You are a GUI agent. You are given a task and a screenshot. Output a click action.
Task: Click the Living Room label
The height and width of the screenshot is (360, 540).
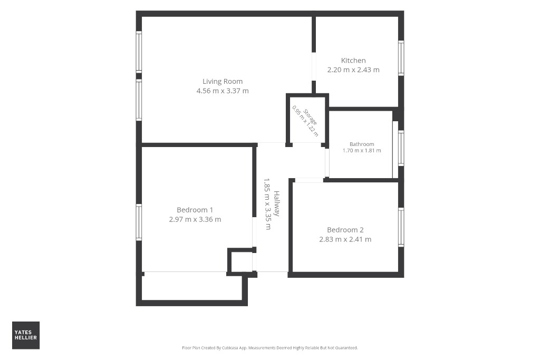coord(223,82)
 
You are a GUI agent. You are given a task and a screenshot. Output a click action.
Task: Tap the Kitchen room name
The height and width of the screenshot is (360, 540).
coord(353,61)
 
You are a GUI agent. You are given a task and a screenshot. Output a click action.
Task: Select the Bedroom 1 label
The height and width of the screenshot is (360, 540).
coord(195,210)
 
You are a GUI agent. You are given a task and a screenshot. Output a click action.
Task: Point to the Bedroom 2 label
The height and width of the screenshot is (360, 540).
coord(345,230)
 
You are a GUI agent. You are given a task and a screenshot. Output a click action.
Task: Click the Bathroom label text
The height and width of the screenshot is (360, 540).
coord(362,144)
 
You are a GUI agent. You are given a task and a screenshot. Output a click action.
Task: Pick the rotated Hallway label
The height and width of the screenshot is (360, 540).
coord(276,203)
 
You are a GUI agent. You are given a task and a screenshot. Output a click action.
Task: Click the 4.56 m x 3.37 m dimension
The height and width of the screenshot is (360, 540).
coord(223,91)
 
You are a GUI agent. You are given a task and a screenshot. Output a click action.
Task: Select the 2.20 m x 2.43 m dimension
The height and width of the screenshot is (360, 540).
coord(353,70)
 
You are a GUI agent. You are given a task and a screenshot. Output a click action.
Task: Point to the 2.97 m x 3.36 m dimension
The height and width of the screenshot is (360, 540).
coord(195,219)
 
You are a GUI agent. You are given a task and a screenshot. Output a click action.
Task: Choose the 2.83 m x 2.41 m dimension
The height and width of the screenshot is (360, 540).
coord(345,239)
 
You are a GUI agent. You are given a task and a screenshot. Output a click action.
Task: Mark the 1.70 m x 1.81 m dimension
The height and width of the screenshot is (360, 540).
coord(362,150)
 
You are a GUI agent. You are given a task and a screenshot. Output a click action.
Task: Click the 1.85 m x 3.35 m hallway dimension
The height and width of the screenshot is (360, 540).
coord(267,204)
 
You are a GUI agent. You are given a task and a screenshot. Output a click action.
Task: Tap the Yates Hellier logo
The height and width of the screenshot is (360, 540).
coord(26,335)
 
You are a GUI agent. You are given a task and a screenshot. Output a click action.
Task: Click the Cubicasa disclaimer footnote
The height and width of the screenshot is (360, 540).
coord(269,348)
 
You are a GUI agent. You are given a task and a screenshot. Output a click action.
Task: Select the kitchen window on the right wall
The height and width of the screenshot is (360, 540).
coord(401,58)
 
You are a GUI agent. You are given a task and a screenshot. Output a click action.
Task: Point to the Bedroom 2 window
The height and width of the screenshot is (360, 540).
coord(401,227)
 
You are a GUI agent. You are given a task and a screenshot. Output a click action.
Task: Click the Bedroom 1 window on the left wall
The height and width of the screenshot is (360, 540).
coord(139,222)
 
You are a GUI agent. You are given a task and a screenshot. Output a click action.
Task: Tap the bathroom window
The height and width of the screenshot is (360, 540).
coord(401,148)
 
